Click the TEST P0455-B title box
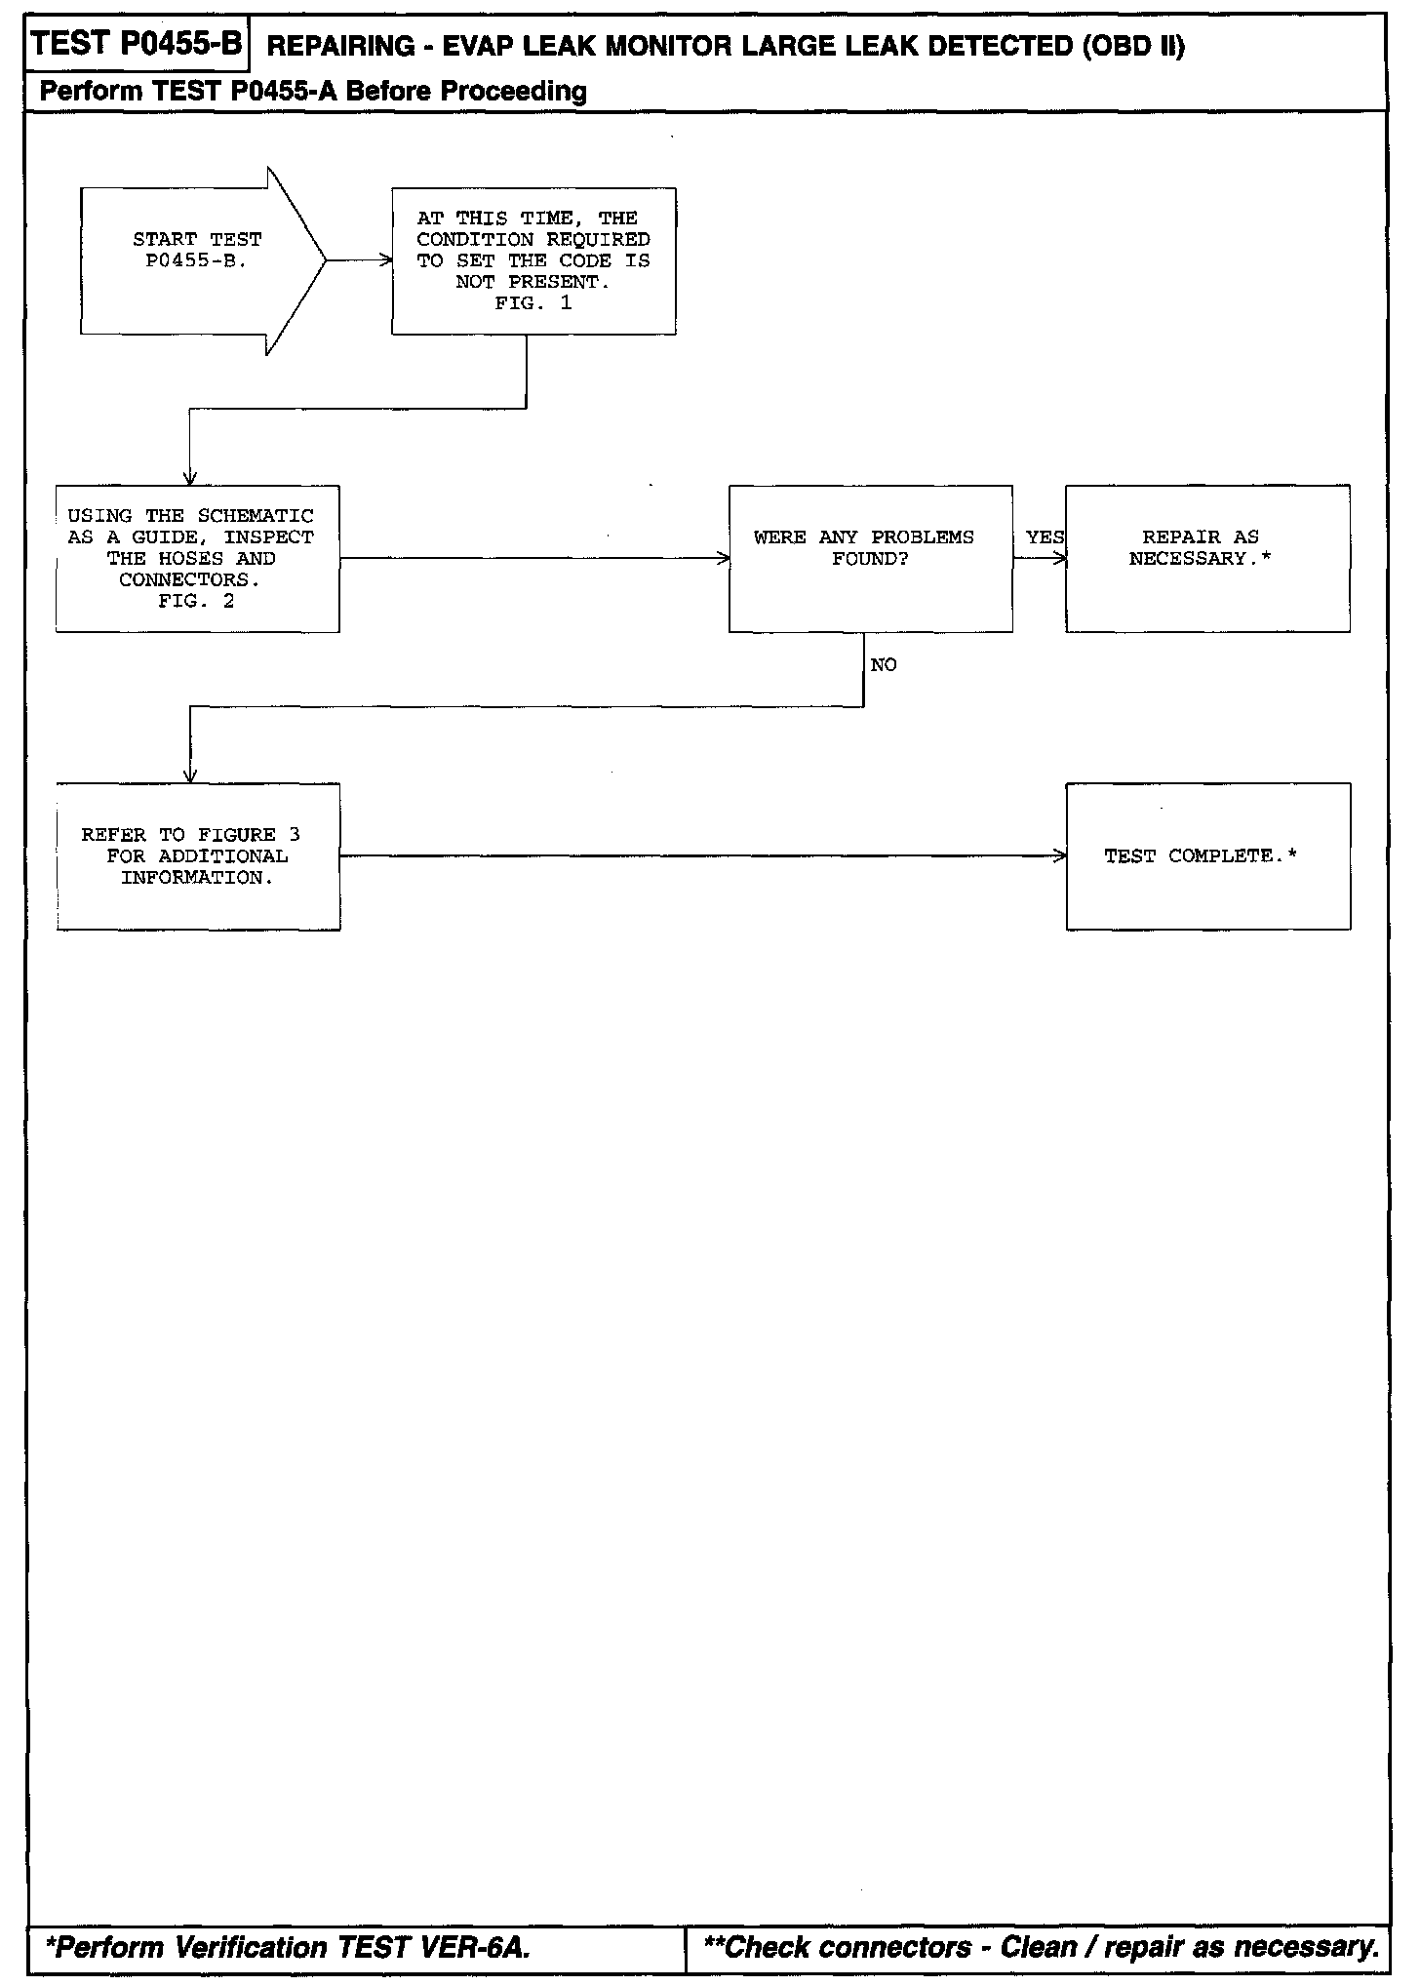tap(137, 45)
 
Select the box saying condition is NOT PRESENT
tap(533, 260)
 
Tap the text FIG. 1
tap(533, 303)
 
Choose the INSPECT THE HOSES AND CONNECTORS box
tap(198, 558)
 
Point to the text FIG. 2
tap(196, 602)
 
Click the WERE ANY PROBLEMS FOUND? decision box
tap(870, 558)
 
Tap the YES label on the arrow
tap(1045, 537)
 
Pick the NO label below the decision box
tap(884, 665)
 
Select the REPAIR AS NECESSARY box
tap(1207, 558)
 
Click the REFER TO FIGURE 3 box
tap(198, 855)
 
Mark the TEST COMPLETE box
tap(1207, 855)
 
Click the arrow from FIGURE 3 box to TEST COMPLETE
tap(702, 855)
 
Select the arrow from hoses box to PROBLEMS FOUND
tap(534, 558)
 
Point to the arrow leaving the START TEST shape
tap(359, 260)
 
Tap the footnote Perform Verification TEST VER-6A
tap(289, 1947)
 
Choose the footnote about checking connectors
tap(1042, 1947)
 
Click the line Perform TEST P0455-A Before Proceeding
tap(313, 92)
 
